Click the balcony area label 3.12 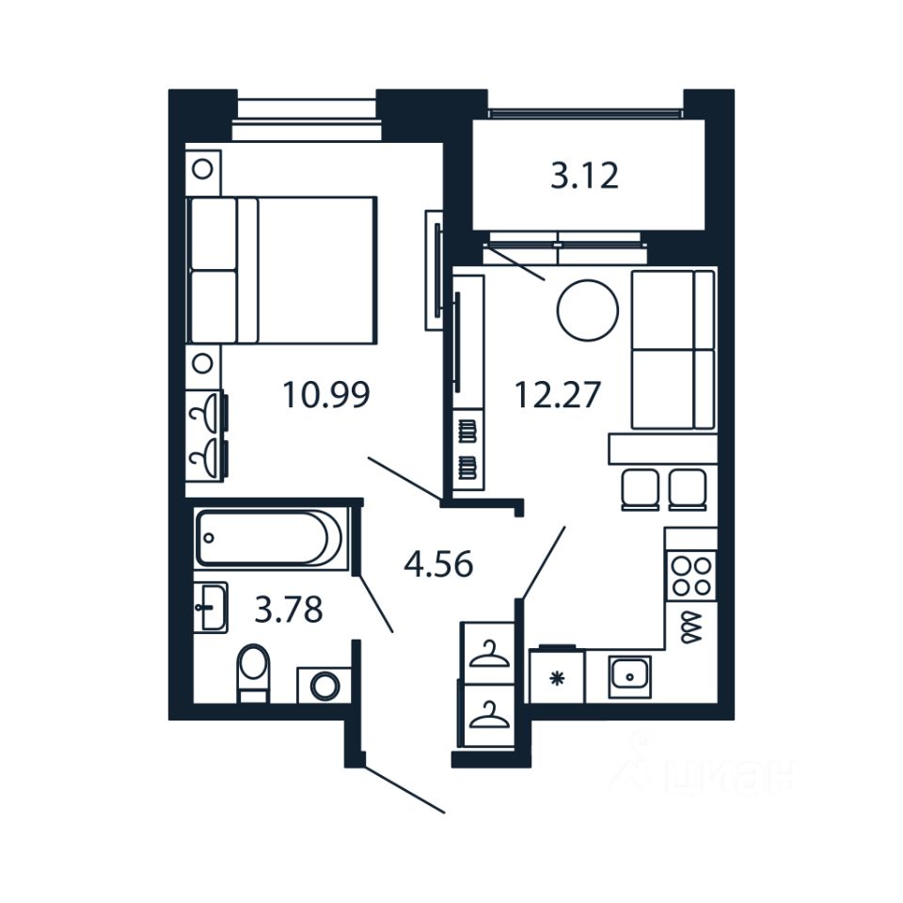[x=584, y=176]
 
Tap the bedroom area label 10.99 [x=326, y=395]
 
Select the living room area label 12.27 [x=556, y=395]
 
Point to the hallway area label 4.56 [x=437, y=564]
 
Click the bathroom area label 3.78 [x=289, y=610]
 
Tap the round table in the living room [x=588, y=310]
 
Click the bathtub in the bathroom [x=270, y=538]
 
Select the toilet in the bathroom [x=253, y=672]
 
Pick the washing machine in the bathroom [x=325, y=685]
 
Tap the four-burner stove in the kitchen [x=690, y=576]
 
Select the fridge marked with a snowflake [x=556, y=677]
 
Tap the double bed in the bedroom [x=282, y=270]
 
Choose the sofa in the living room [x=673, y=349]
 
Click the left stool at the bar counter [x=641, y=488]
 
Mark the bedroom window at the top [x=306, y=118]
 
